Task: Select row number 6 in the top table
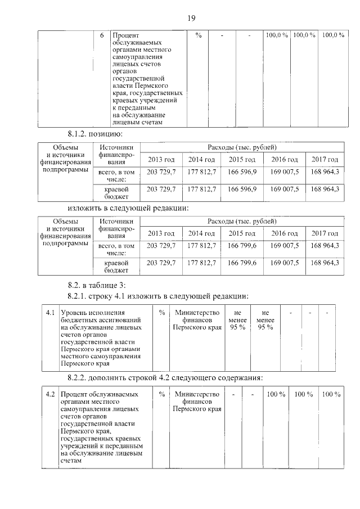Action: pyautogui.click(x=102, y=35)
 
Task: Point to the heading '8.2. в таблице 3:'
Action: pyautogui.click(x=97, y=283)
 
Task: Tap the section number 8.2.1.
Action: pyautogui.click(x=79, y=296)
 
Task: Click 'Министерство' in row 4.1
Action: pyautogui.click(x=197, y=313)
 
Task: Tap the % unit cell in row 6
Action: pyautogui.click(x=198, y=35)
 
